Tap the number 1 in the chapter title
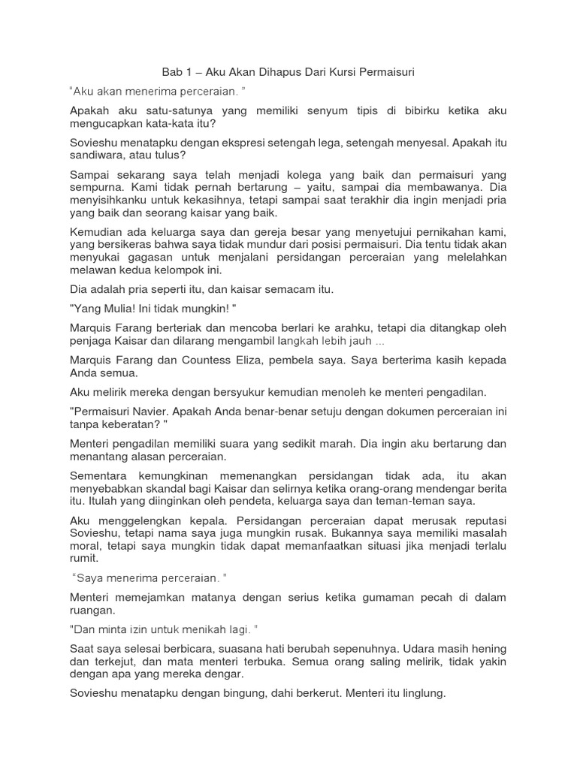click(192, 72)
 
